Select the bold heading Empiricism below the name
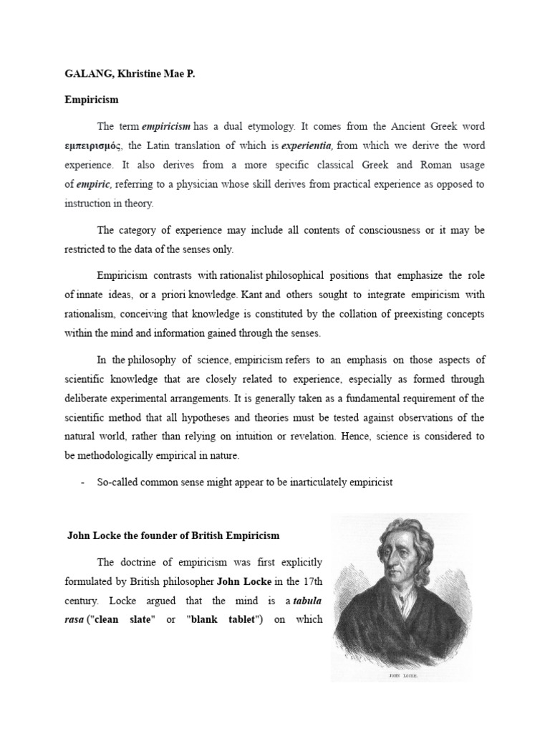coord(91,100)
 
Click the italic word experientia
coord(308,146)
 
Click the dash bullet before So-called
coord(83,482)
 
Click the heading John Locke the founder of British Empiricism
coord(173,535)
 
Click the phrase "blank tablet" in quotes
coord(225,619)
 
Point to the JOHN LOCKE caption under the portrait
coord(400,675)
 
